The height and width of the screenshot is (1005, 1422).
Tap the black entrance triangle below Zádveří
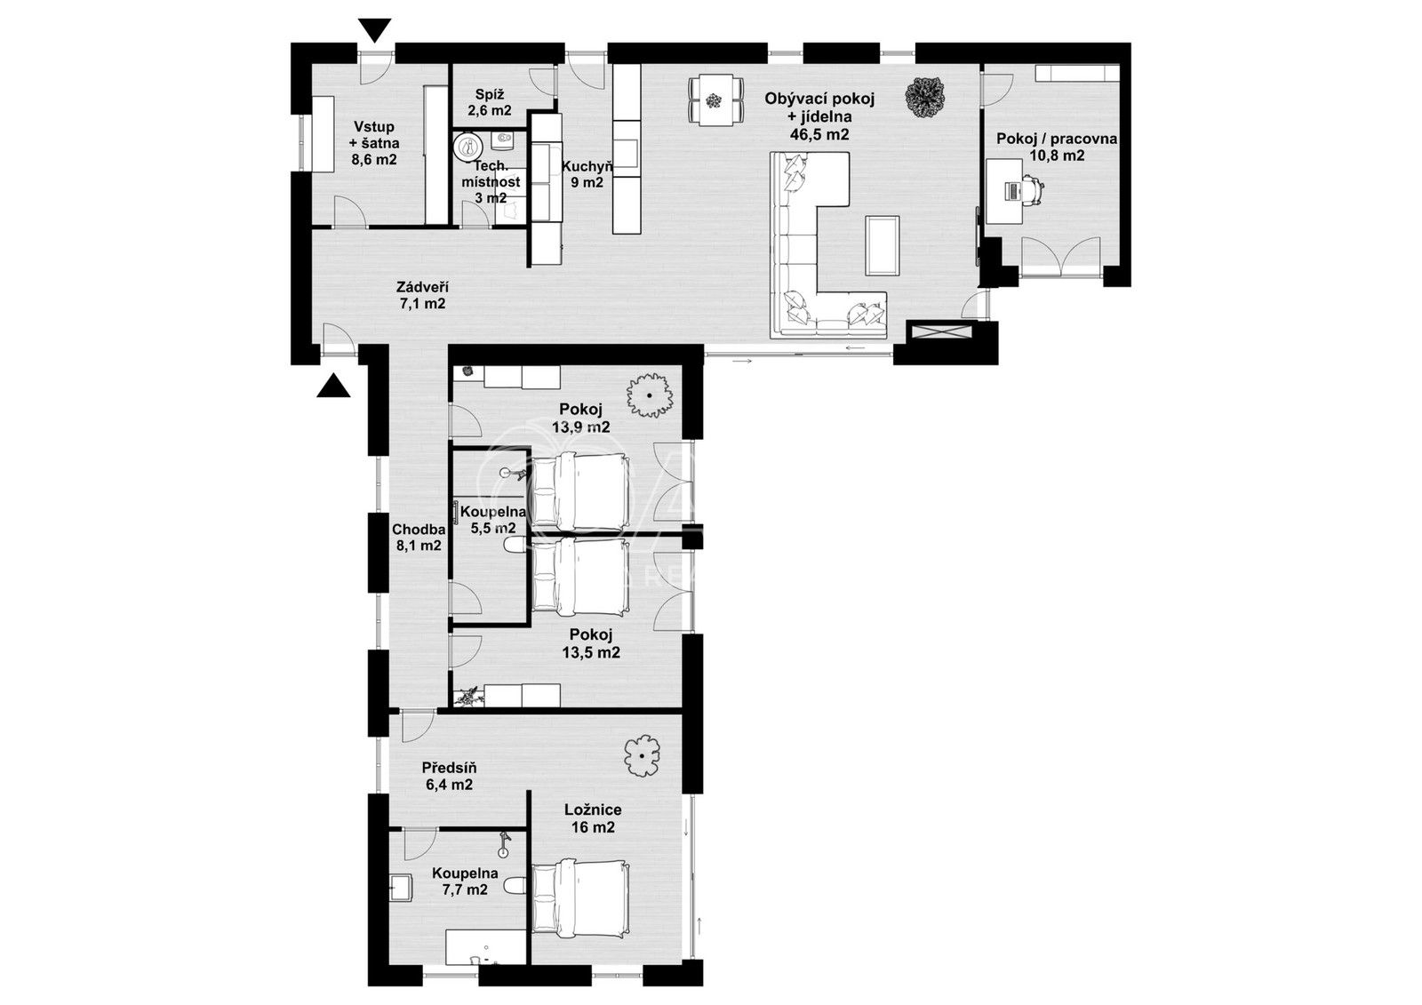click(x=332, y=385)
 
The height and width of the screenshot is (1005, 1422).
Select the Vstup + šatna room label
click(x=373, y=143)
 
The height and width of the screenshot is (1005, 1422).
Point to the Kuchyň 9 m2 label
click(x=587, y=174)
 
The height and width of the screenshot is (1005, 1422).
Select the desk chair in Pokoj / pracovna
click(x=1032, y=190)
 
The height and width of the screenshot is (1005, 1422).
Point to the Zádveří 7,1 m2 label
click(x=422, y=295)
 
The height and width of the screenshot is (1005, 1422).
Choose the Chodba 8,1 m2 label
click(x=419, y=538)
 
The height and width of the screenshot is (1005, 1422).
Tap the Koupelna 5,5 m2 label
click(x=493, y=520)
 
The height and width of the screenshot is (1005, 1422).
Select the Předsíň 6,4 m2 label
click(x=448, y=776)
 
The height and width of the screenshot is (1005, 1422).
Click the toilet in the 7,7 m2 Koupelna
click(x=515, y=886)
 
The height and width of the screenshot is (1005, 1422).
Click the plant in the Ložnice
click(x=641, y=756)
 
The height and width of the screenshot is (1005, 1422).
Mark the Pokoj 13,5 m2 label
click(x=591, y=643)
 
